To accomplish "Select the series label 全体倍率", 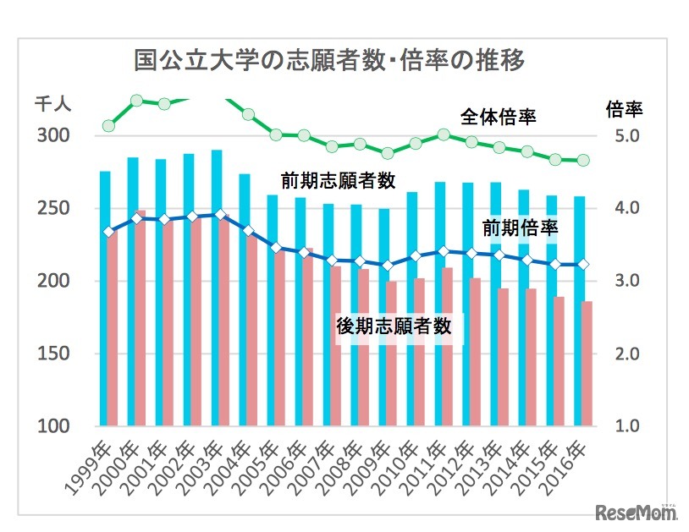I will (499, 116).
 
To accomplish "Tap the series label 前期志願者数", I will (339, 180).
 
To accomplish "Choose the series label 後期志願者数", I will (394, 326).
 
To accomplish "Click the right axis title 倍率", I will (625, 108).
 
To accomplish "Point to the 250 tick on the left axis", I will (55, 209).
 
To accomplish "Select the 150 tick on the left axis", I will (55, 354).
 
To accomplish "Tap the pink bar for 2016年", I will (587, 364).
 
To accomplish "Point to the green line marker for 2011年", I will (443, 134).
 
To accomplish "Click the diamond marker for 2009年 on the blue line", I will (387, 266).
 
